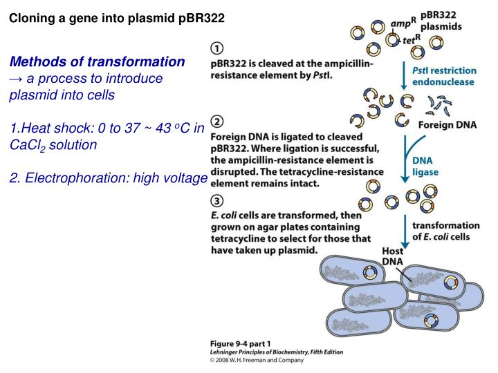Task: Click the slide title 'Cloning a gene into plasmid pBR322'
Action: coord(116,18)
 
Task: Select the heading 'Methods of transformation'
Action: coord(97,61)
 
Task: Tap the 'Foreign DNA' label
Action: coord(449,125)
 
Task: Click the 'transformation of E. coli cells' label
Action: coord(445,231)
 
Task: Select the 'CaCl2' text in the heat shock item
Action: coord(26,146)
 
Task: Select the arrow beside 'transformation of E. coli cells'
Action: coord(404,229)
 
